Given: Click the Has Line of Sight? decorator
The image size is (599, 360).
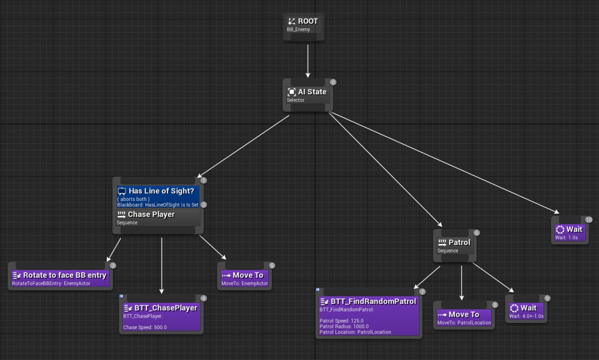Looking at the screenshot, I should (x=158, y=194).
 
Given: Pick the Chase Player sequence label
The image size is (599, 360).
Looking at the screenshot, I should (x=151, y=214).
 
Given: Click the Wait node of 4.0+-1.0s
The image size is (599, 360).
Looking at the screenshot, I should (x=526, y=311).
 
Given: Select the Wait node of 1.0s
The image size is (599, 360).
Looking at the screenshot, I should (x=570, y=232).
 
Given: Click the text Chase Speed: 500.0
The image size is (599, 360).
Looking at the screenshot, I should (x=145, y=327).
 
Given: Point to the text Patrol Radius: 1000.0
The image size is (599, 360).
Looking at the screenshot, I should (x=344, y=327).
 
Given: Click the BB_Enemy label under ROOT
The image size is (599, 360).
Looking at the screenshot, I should (x=299, y=29).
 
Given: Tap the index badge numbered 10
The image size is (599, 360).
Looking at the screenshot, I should (x=588, y=219).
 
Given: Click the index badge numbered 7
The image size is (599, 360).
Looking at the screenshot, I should (x=422, y=292).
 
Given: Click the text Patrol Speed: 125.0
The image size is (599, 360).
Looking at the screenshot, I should (x=342, y=321).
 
